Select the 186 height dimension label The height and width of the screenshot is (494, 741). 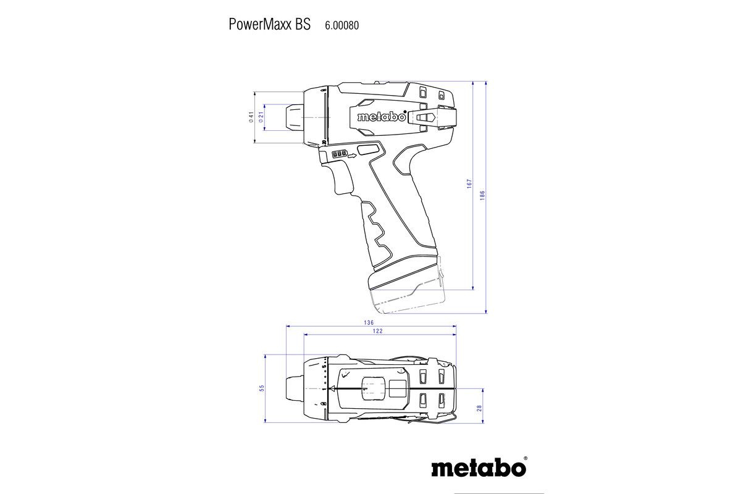(483, 195)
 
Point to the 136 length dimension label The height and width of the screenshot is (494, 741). (369, 322)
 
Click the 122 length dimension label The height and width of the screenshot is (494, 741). (378, 332)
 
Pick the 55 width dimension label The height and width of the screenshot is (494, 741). (262, 388)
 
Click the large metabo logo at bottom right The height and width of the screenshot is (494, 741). (479, 467)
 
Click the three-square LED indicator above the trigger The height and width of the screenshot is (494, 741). (340, 154)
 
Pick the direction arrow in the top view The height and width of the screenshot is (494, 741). (332, 389)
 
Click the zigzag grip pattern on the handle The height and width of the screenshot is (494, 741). (375, 228)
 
